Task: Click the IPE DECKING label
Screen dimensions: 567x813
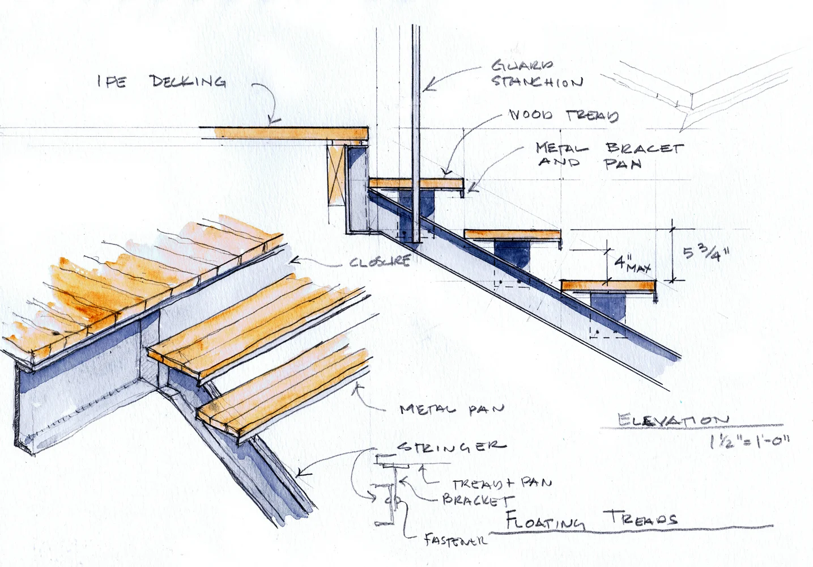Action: [x=161, y=82]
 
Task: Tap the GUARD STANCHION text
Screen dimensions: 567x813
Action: [x=535, y=74]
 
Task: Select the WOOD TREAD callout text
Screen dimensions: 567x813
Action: [x=564, y=116]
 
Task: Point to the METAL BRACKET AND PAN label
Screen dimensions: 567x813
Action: [x=609, y=155]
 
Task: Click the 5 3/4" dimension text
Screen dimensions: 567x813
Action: [x=705, y=250]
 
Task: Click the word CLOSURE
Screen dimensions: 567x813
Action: [x=380, y=263]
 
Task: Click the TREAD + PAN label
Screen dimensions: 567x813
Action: [x=501, y=484]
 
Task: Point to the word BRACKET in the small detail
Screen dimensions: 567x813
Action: [x=478, y=500]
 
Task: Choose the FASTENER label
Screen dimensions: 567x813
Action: [x=455, y=540]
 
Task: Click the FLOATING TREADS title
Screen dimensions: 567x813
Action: [x=589, y=520]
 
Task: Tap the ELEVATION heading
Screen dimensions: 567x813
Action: [x=674, y=420]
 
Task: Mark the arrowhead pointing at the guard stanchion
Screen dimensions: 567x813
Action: [x=428, y=88]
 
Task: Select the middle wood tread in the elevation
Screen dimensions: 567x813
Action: [x=513, y=235]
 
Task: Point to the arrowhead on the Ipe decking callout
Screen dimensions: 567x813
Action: [x=274, y=120]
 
